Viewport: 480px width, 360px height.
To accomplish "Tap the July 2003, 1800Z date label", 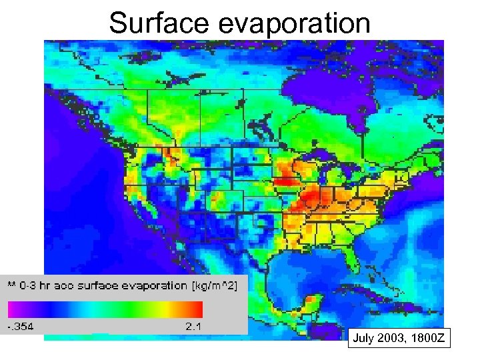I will pos(398,339).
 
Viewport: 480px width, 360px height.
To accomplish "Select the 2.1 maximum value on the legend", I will pos(193,327).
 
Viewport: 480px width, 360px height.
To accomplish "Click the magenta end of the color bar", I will pos(13,309).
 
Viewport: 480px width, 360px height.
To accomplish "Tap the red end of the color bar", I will pos(197,309).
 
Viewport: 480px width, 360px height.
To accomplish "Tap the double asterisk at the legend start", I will pos(11,285).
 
